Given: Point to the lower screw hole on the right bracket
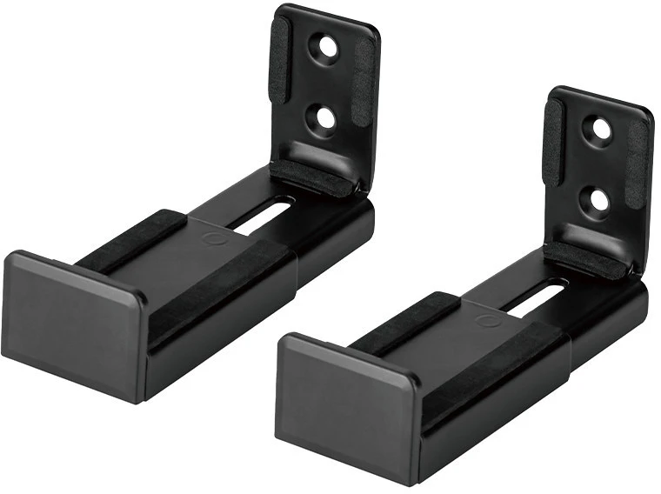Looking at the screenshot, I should point(598,199).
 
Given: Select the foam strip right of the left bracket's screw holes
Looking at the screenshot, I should point(364,87).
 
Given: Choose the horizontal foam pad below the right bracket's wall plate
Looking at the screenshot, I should point(586,260).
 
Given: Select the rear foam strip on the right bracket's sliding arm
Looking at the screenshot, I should point(405,323).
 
